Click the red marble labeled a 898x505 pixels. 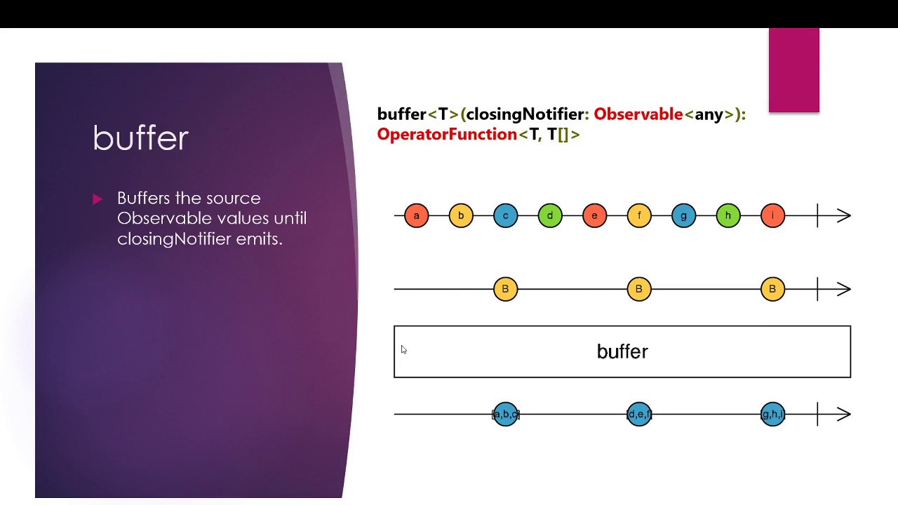(x=416, y=215)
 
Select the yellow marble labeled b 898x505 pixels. (x=461, y=215)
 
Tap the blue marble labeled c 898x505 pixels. (x=505, y=215)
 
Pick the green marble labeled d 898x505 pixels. (x=550, y=215)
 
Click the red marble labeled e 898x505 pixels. (x=594, y=215)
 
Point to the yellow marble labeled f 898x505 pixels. (x=639, y=215)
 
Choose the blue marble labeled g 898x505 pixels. (x=683, y=215)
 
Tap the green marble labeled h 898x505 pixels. (x=728, y=215)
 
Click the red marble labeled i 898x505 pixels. (x=772, y=215)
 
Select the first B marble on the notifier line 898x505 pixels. (x=505, y=289)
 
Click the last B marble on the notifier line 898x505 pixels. (x=772, y=289)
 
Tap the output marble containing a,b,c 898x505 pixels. (x=505, y=415)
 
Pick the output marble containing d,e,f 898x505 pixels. (x=639, y=415)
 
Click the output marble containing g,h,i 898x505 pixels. (x=772, y=415)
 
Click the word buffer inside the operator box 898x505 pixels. (x=622, y=351)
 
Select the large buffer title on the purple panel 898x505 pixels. (x=140, y=138)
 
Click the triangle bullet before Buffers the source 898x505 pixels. (x=98, y=199)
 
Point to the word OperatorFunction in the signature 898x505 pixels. (x=447, y=134)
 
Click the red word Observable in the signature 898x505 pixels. (x=638, y=114)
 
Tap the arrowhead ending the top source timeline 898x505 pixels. (x=844, y=215)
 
